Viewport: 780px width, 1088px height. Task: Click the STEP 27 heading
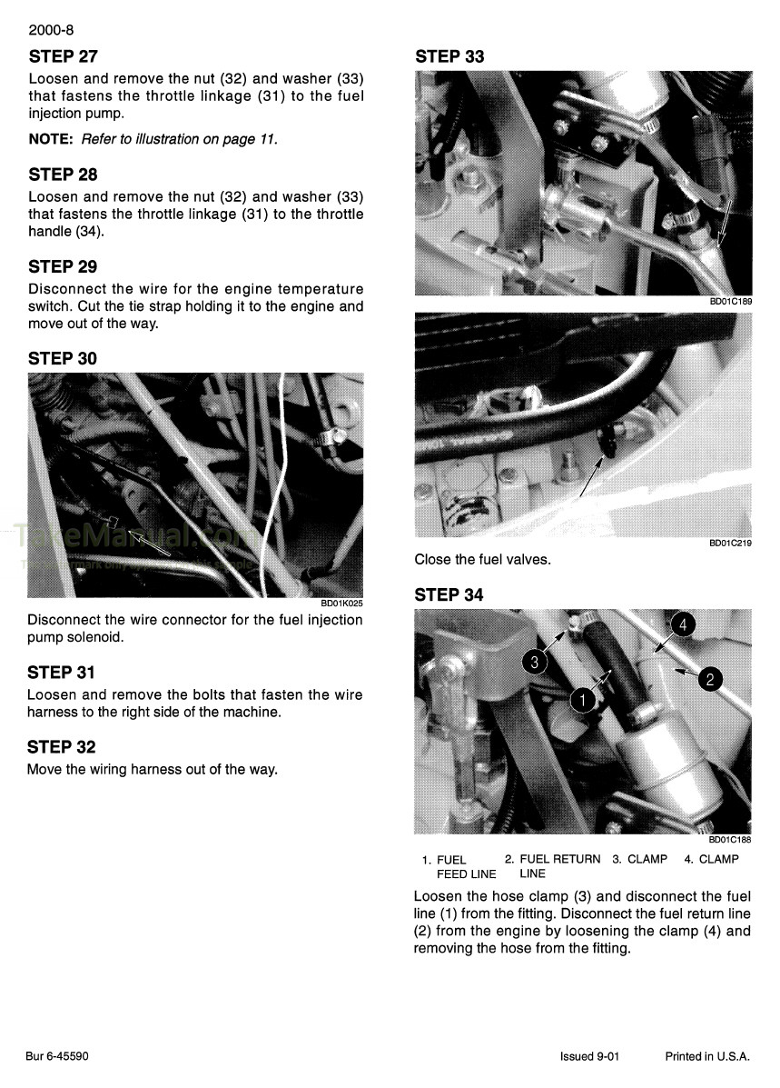point(63,56)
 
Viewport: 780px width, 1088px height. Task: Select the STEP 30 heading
point(63,358)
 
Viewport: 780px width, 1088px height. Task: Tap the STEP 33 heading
point(449,56)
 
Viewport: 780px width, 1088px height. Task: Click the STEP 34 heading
point(449,594)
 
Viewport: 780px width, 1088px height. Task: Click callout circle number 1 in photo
point(581,699)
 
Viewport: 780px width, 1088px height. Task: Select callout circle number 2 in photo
point(710,678)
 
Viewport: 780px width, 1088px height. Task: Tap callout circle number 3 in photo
point(535,663)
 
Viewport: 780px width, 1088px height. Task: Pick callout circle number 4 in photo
point(684,624)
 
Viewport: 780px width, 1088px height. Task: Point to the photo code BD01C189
point(730,302)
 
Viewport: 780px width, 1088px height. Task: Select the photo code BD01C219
point(730,543)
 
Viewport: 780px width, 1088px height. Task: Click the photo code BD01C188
point(730,840)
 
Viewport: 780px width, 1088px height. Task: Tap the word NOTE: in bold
point(53,139)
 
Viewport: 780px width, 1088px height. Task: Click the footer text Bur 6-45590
point(57,1056)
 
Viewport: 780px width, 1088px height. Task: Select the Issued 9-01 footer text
point(589,1056)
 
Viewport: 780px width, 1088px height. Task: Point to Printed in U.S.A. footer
point(707,1056)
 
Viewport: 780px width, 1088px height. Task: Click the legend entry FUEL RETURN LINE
point(558,865)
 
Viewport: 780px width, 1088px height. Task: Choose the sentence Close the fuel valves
point(482,560)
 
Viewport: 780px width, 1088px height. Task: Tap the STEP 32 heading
point(63,746)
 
